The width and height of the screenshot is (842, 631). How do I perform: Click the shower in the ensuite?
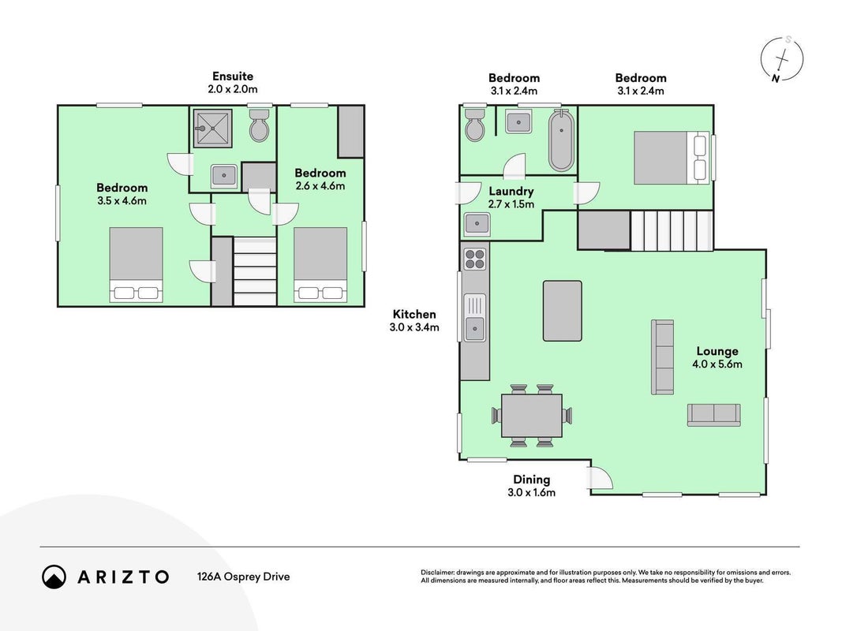[x=212, y=128]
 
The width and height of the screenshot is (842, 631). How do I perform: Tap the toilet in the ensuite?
[x=260, y=125]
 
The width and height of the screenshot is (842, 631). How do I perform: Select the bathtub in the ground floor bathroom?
[x=561, y=140]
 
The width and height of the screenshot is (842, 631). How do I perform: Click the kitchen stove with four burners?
[x=475, y=259]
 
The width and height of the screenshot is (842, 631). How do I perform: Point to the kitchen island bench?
[x=562, y=311]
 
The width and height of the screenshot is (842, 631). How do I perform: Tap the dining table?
[x=532, y=416]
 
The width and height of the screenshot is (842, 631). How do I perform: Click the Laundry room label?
[x=511, y=191]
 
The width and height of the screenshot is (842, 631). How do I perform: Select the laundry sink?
[x=477, y=224]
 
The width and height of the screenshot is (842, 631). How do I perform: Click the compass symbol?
[x=782, y=59]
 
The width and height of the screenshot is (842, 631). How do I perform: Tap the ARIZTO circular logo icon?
[x=54, y=577]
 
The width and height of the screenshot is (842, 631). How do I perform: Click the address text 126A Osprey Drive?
[x=243, y=577]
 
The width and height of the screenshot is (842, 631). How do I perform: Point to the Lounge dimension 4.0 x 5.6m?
[x=717, y=364]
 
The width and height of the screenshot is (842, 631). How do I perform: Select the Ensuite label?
[x=233, y=77]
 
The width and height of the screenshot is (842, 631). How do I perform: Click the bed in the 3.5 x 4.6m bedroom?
[x=136, y=264]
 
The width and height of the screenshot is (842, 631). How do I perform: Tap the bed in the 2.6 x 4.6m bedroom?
[x=320, y=264]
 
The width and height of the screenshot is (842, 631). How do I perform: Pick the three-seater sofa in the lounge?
[x=662, y=357]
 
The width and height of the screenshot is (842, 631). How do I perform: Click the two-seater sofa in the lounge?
[x=713, y=416]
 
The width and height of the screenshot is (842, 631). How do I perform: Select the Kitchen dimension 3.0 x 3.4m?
[x=414, y=327]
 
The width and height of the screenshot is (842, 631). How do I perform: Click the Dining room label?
[x=532, y=479]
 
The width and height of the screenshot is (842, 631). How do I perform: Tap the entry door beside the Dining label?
[x=600, y=477]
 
